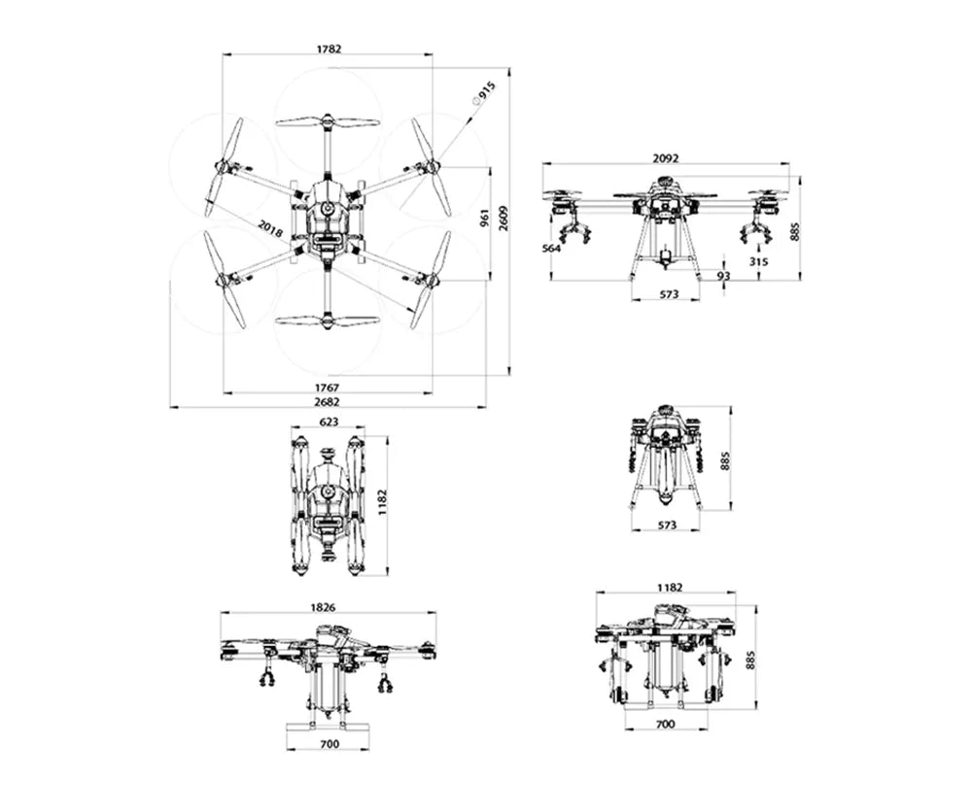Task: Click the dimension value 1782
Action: [329, 49]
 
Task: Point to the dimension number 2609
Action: [503, 220]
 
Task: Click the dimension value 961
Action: [484, 219]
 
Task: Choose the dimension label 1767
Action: [328, 387]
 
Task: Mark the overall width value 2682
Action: [328, 401]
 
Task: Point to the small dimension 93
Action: [723, 276]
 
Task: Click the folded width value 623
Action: [329, 423]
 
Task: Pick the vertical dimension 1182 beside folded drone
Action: [381, 503]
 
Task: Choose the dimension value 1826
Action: [324, 607]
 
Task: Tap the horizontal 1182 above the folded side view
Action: [670, 587]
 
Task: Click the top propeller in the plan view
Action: [328, 121]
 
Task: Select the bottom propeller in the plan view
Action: [328, 321]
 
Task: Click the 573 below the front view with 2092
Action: [666, 293]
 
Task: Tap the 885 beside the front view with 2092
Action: [796, 231]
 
